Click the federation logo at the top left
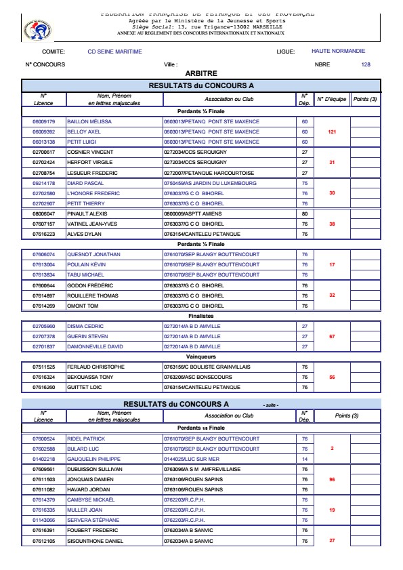pyautogui.click(x=33, y=28)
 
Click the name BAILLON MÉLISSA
pyautogui.click(x=89, y=121)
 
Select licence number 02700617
pyautogui.click(x=43, y=152)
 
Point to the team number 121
pyautogui.click(x=332, y=131)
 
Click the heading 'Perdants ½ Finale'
pyautogui.click(x=200, y=243)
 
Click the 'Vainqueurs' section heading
pyautogui.click(x=200, y=356)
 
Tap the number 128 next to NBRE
pyautogui.click(x=366, y=64)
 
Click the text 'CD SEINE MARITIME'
pyautogui.click(x=115, y=52)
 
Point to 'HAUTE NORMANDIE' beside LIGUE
pyautogui.click(x=338, y=51)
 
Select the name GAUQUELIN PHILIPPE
pyautogui.click(x=97, y=459)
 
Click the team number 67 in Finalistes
pyautogui.click(x=332, y=336)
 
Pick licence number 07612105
pyautogui.click(x=43, y=541)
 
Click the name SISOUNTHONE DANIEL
pyautogui.click(x=98, y=541)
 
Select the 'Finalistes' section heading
pyautogui.click(x=200, y=315)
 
